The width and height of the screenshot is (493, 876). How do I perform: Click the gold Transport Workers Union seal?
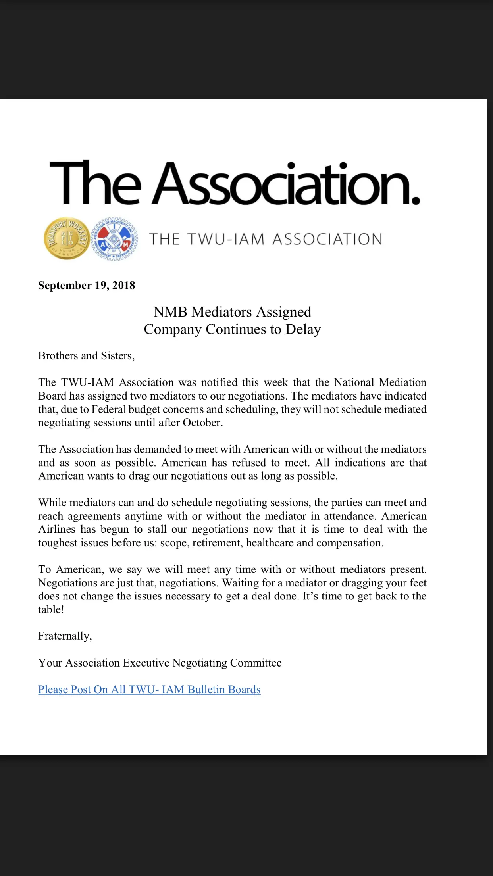pyautogui.click(x=67, y=238)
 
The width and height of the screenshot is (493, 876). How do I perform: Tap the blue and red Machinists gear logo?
pyautogui.click(x=115, y=239)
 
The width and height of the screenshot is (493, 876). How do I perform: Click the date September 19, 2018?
pyautogui.click(x=87, y=286)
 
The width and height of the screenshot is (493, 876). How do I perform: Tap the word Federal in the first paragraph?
pyautogui.click(x=109, y=409)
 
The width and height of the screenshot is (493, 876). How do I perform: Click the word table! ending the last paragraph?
pyautogui.click(x=51, y=610)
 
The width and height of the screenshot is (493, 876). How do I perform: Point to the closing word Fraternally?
pyautogui.click(x=65, y=636)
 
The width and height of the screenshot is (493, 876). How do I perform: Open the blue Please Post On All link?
pyautogui.click(x=149, y=690)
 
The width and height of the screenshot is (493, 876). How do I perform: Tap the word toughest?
pyautogui.click(x=58, y=543)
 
